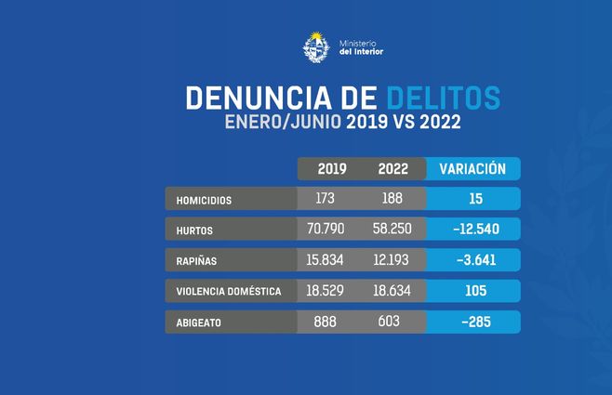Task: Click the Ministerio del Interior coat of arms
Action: [x=315, y=46]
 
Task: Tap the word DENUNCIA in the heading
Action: [x=248, y=99]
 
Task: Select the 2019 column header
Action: [x=332, y=169]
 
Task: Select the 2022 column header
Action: [x=392, y=169]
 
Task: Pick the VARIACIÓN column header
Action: [x=472, y=169]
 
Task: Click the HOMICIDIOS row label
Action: [x=204, y=200]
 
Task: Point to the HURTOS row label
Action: [x=193, y=230]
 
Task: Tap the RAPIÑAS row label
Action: [x=196, y=260]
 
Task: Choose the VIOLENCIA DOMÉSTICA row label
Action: [x=228, y=291]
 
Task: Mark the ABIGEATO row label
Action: [x=199, y=322]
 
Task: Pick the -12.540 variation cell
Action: [x=472, y=229]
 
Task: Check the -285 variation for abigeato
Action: [x=472, y=322]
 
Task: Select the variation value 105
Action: [x=472, y=290]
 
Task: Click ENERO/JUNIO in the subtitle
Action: [x=282, y=122]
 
